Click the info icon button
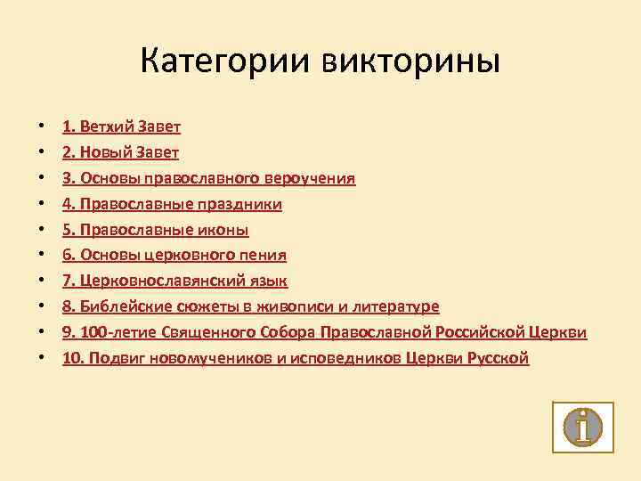[x=583, y=427]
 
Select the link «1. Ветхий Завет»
[x=122, y=126]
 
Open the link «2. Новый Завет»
[x=121, y=152]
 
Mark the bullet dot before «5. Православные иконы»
[x=42, y=230]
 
